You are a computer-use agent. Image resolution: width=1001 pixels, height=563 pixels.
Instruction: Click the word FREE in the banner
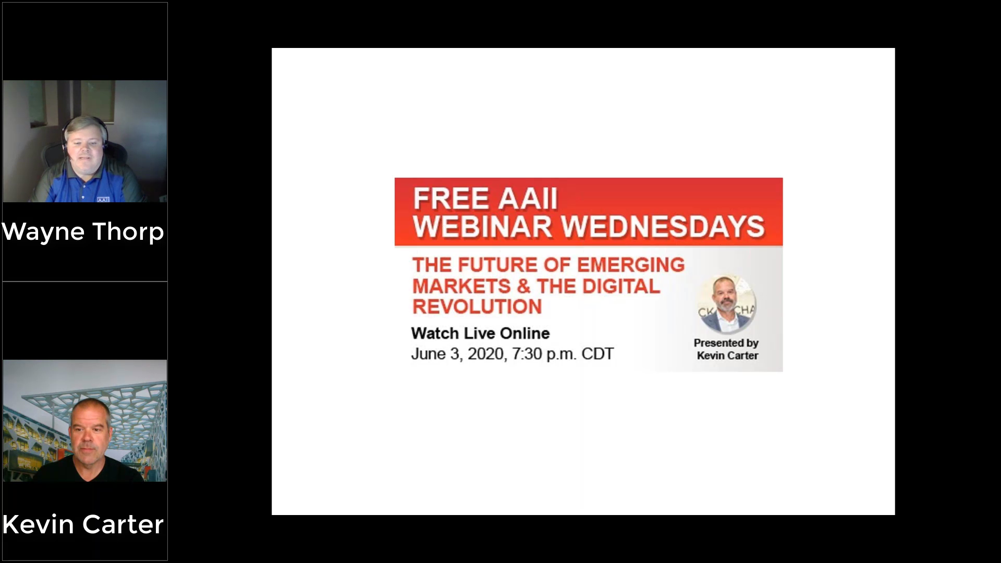(x=452, y=199)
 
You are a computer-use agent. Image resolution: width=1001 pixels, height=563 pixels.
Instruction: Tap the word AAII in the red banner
(x=528, y=199)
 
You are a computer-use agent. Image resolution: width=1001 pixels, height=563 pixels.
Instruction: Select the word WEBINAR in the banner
(x=482, y=227)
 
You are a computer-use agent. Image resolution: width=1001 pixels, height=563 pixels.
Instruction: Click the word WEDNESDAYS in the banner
(x=663, y=227)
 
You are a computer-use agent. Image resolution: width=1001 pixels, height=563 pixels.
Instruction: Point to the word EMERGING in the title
(x=631, y=265)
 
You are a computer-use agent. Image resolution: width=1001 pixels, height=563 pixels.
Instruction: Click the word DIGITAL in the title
(x=621, y=286)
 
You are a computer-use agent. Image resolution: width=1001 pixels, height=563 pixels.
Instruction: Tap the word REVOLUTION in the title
(x=477, y=307)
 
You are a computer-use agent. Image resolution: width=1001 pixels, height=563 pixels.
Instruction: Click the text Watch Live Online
(x=480, y=333)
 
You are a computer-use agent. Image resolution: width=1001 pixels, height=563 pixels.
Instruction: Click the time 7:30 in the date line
(x=527, y=354)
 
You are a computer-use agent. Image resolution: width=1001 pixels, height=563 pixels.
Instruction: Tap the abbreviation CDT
(x=597, y=354)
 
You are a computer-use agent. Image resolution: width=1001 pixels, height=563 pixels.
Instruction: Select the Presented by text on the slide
(x=726, y=343)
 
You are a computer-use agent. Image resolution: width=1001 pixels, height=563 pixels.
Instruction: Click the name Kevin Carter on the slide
(x=727, y=356)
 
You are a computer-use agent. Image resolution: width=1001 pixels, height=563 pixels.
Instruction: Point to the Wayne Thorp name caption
(x=83, y=231)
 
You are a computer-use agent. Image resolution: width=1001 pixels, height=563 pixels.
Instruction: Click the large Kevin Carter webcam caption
(x=83, y=524)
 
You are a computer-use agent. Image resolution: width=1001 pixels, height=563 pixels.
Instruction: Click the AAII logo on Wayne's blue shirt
(x=103, y=200)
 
